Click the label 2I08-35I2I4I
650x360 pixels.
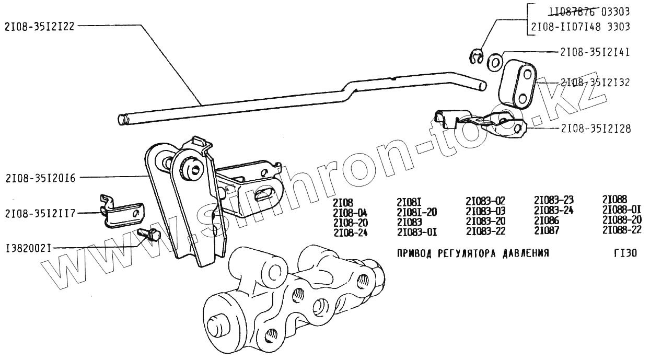595,52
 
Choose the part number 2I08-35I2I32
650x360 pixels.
595,83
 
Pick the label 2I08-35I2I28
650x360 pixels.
595,128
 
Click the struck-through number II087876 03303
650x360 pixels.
588,11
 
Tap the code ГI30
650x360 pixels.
622,253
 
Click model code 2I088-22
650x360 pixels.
622,230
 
